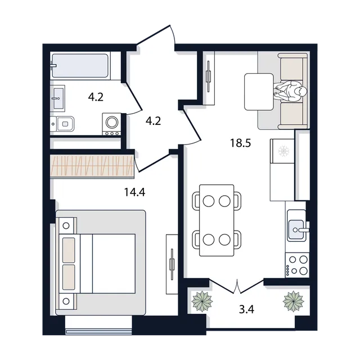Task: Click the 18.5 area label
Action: (x=241, y=143)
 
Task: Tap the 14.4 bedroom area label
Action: (x=134, y=192)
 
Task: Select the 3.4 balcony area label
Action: (x=246, y=309)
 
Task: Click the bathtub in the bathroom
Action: (x=80, y=66)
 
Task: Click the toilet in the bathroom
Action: (x=62, y=124)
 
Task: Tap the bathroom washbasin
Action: (x=57, y=98)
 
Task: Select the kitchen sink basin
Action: (x=296, y=230)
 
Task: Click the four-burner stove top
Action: (x=298, y=265)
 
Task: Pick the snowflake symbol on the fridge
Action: (x=283, y=151)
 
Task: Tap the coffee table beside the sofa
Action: (x=259, y=92)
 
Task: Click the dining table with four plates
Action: (x=217, y=220)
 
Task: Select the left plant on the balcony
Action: (x=202, y=301)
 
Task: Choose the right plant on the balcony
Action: (x=294, y=301)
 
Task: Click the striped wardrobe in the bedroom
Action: (x=92, y=166)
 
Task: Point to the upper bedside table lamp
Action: (x=66, y=226)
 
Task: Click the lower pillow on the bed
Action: (x=69, y=277)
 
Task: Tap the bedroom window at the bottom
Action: (x=99, y=331)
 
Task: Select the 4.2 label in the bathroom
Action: (x=96, y=97)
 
